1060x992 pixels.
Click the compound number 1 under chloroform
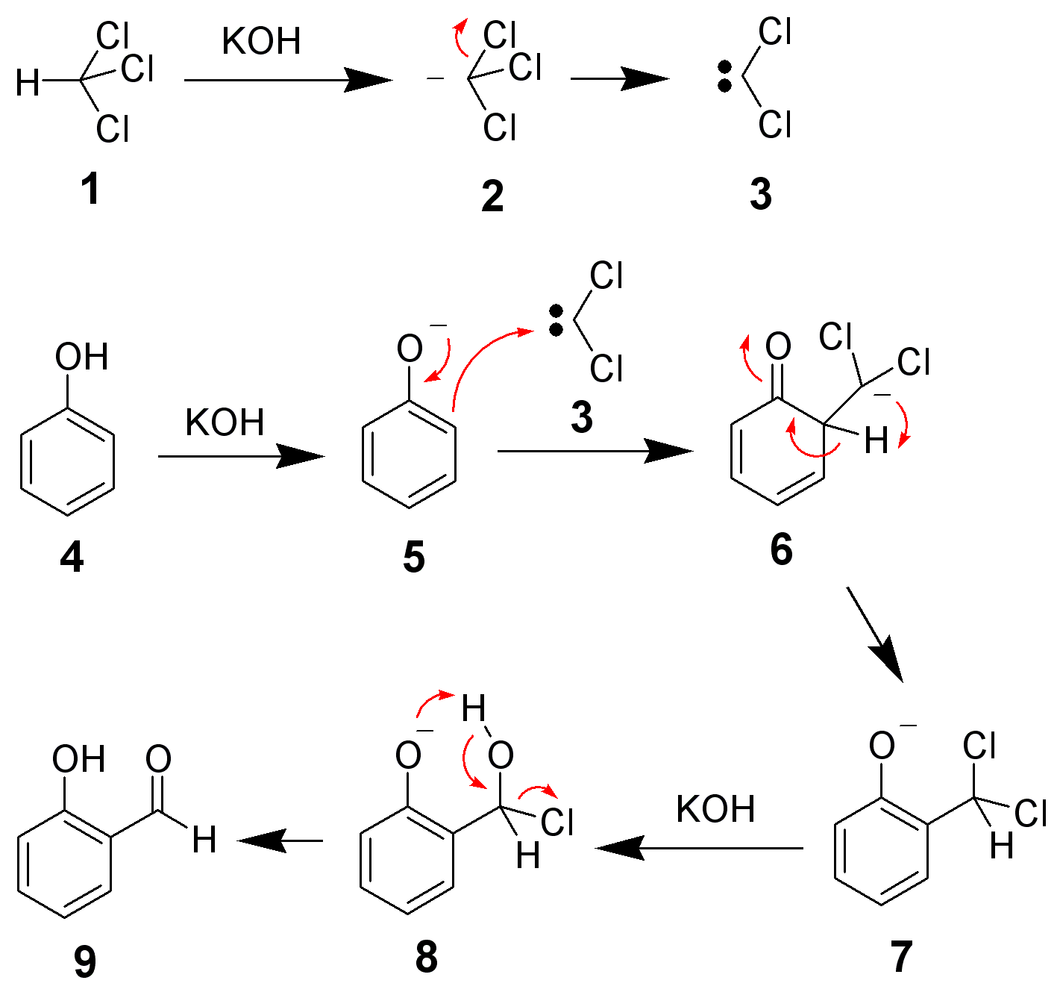(90, 188)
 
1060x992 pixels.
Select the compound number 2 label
(492, 196)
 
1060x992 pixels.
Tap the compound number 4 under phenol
(72, 557)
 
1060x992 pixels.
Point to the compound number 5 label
(414, 557)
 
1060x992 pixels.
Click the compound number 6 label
(781, 549)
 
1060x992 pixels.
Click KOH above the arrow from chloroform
(261, 42)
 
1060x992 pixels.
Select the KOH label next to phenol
(225, 422)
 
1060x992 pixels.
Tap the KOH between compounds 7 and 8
(715, 809)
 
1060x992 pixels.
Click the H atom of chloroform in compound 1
(28, 83)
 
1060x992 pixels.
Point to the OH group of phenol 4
(81, 357)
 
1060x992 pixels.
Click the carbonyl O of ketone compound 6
(778, 346)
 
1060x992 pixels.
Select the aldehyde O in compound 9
(158, 759)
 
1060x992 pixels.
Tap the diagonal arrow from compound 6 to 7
(874, 634)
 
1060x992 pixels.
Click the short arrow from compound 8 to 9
(280, 841)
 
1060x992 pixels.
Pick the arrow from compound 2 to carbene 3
(618, 78)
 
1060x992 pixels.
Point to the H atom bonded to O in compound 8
(474, 708)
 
